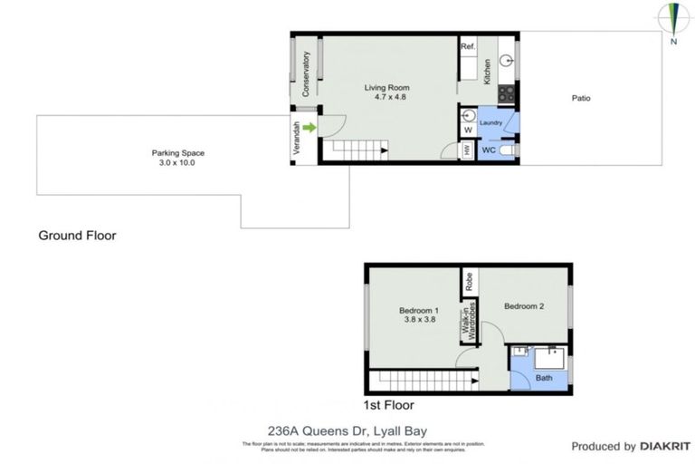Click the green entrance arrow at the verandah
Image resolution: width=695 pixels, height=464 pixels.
click(x=309, y=128)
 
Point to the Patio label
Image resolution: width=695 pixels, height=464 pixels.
click(x=580, y=98)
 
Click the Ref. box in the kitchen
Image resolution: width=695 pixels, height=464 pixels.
click(x=468, y=47)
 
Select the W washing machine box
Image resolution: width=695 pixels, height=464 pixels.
click(x=468, y=130)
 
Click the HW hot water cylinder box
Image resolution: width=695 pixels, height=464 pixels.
click(x=467, y=150)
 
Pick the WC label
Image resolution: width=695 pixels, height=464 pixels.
click(x=488, y=150)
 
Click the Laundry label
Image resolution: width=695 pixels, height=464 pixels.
click(x=490, y=121)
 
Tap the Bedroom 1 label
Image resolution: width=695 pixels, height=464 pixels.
click(x=418, y=314)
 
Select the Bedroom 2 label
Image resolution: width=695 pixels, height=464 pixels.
click(x=524, y=306)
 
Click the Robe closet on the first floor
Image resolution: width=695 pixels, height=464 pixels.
click(x=469, y=280)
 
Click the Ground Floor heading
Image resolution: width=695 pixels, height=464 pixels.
click(x=77, y=236)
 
